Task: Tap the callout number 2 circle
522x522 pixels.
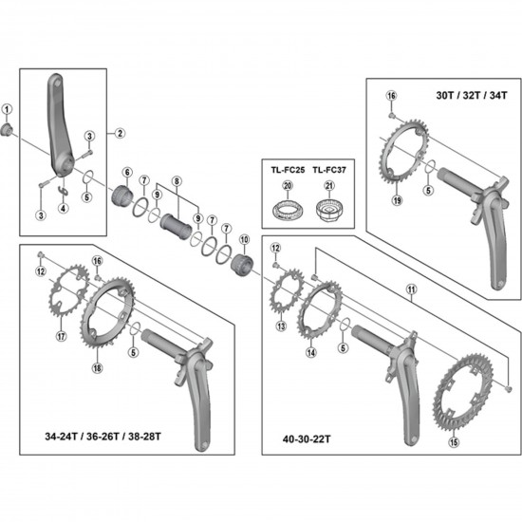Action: coord(121,133)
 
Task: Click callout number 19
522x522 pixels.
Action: coord(398,200)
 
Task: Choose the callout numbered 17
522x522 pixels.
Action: coord(60,334)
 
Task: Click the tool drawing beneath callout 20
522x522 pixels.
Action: coord(288,212)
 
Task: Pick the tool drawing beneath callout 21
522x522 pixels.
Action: coord(331,211)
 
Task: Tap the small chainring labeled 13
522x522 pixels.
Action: coord(282,301)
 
